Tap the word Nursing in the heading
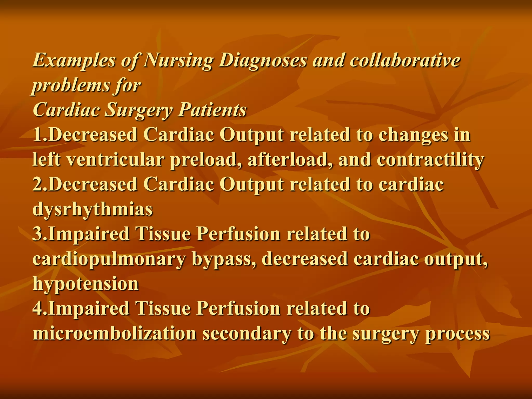tap(178, 60)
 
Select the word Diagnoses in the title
tap(262, 60)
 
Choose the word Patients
tap(212, 110)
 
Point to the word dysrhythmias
tap(92, 209)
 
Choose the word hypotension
tap(86, 284)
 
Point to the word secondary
tap(247, 334)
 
